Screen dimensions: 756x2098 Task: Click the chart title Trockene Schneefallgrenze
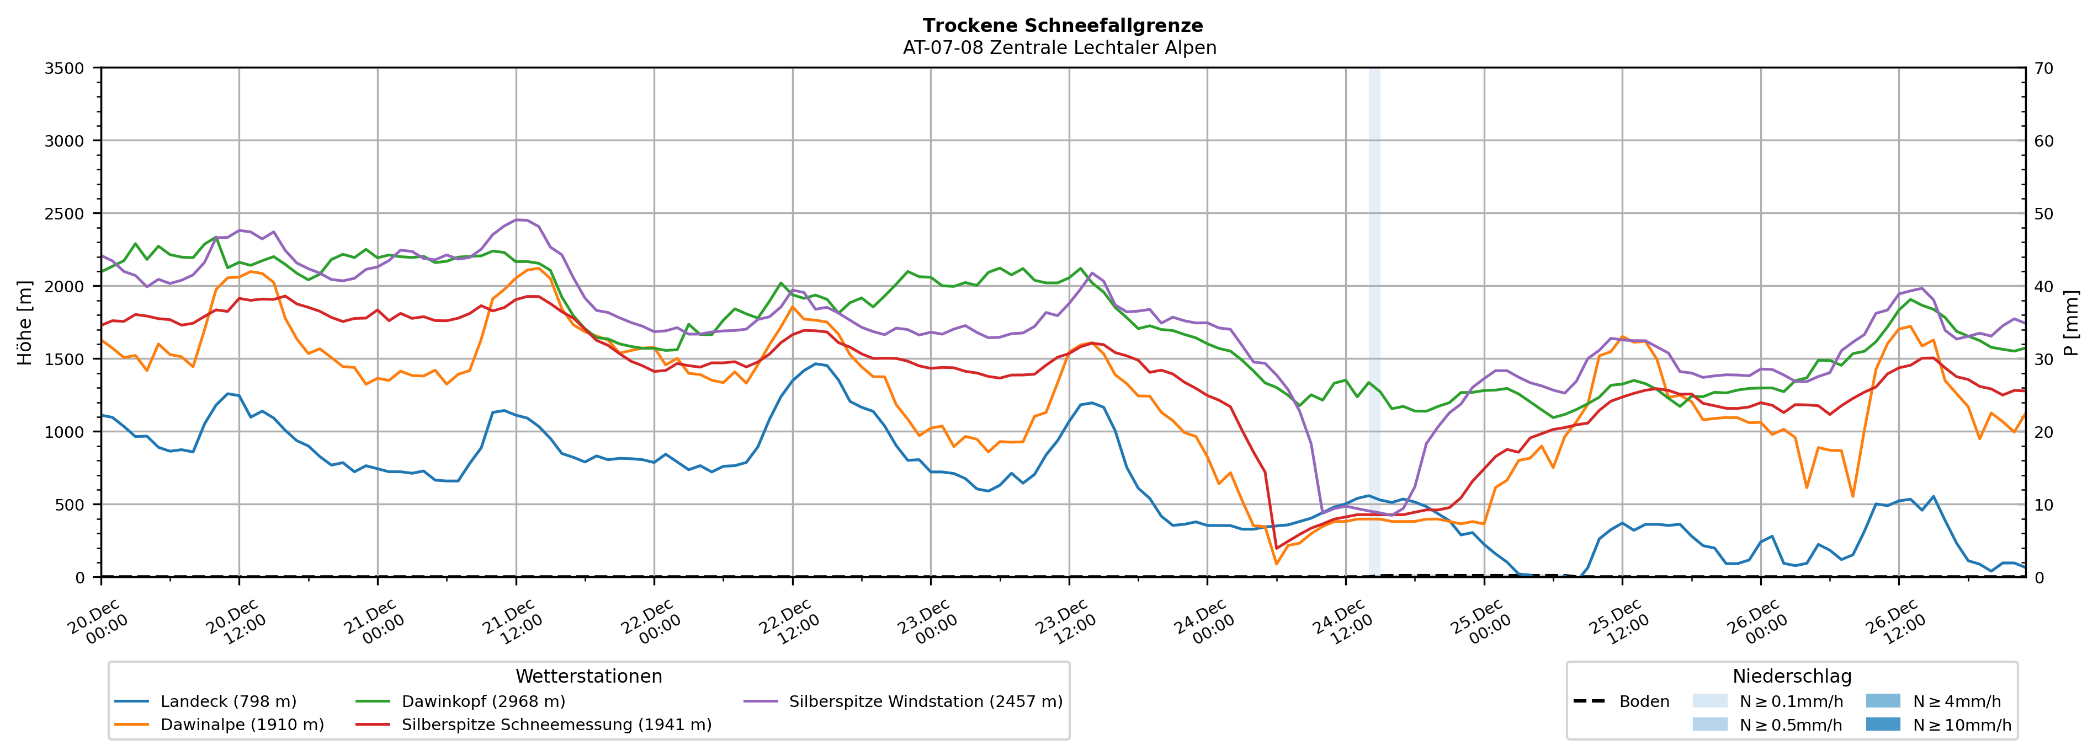[1062, 26]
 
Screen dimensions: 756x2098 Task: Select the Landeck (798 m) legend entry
[228, 701]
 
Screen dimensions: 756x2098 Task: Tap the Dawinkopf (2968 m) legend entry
[483, 701]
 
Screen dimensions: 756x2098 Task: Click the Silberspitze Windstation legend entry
[925, 701]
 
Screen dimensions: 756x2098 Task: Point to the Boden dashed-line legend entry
[1644, 701]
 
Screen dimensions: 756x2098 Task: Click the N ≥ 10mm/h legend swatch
[1882, 724]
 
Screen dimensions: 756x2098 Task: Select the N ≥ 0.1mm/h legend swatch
[1709, 701]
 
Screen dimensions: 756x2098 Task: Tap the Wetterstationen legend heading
[589, 676]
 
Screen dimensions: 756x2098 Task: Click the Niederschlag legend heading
[1792, 676]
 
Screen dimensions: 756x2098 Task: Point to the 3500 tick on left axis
[65, 68]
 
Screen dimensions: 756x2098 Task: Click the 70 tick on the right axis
[2043, 68]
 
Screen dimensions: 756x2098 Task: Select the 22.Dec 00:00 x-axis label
[651, 623]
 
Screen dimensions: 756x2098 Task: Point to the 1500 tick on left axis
[65, 359]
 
